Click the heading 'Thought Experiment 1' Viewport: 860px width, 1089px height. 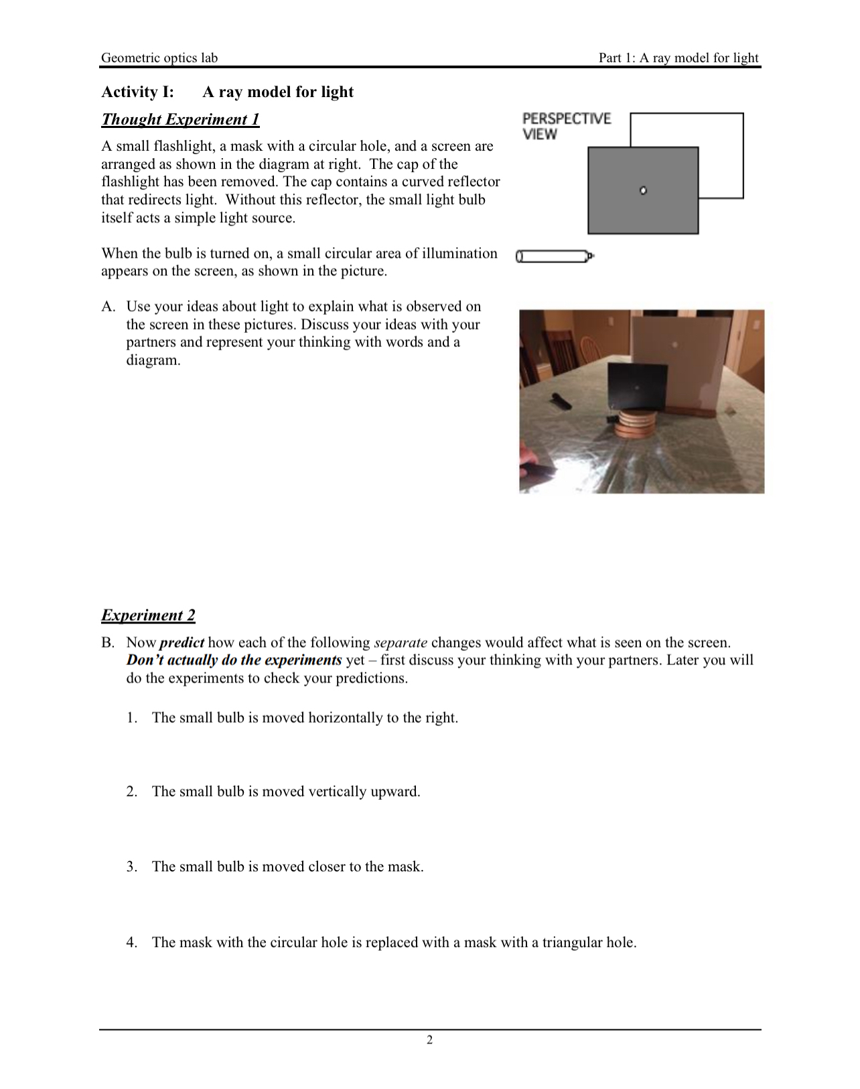180,119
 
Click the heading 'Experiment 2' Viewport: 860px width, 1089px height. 148,615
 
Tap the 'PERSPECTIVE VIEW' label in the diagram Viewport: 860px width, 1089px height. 566,126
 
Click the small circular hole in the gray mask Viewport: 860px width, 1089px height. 643,191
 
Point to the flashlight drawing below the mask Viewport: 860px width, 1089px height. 554,256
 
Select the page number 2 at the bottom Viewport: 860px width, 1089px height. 429,1039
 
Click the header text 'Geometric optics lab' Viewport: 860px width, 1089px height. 159,58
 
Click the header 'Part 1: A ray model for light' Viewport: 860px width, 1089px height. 678,58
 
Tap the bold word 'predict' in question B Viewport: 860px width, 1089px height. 182,642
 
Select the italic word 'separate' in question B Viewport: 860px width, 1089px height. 401,642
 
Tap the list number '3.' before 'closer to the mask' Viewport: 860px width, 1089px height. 132,867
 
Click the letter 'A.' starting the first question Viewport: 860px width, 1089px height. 109,307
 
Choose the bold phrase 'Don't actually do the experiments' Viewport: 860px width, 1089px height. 234,660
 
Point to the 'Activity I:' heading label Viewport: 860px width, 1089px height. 137,92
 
